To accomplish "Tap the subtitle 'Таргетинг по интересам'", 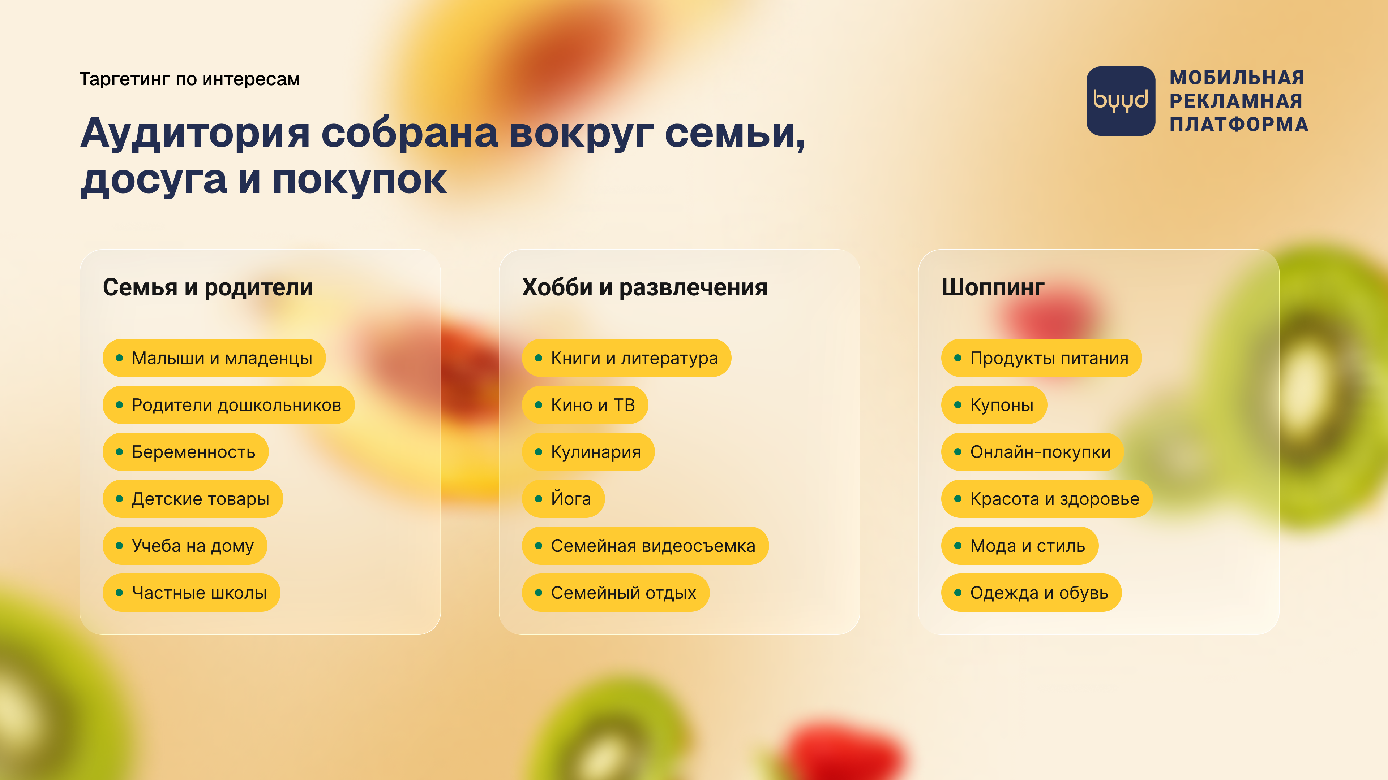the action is [x=190, y=79].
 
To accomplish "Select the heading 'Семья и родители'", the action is [x=207, y=287].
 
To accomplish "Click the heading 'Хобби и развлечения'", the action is [x=644, y=287].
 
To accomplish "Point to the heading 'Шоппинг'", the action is [x=993, y=287].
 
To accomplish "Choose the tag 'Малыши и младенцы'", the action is [x=214, y=358].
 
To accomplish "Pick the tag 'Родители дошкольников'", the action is [x=228, y=405].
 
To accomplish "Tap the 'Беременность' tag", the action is [x=185, y=452].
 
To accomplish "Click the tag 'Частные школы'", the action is [x=191, y=593].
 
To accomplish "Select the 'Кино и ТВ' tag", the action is [x=584, y=405].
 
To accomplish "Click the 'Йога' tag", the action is [x=563, y=498].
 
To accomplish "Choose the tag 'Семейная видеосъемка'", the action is [x=645, y=546].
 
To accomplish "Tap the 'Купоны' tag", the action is [x=994, y=405].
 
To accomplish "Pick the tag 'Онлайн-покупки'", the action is [x=1032, y=452].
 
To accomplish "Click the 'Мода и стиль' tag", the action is [x=1019, y=546].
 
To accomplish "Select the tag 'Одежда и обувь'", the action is [x=1031, y=593].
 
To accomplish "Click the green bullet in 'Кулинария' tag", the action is [x=538, y=452].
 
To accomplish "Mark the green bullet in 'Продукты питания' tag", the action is [x=958, y=358].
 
